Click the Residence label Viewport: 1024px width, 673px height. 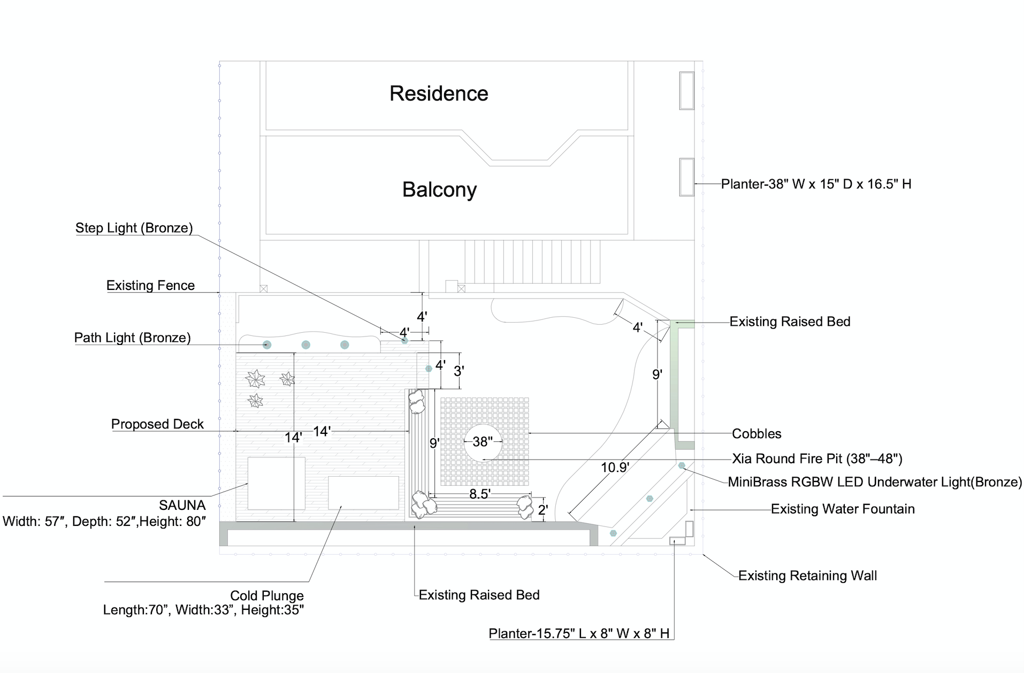coord(439,94)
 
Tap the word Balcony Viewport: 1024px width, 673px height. coord(439,190)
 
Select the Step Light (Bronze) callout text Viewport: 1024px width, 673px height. coord(134,228)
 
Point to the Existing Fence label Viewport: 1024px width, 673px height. coord(150,286)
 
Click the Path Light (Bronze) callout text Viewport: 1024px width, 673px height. coord(132,338)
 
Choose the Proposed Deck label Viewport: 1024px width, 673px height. coord(157,424)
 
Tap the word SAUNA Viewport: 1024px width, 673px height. coord(182,505)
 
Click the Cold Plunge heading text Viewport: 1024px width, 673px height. coord(266,595)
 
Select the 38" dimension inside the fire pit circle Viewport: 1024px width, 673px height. coord(483,442)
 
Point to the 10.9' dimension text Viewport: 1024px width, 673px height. coord(615,468)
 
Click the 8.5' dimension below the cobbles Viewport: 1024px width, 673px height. coord(480,494)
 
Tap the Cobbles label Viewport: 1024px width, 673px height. coord(756,434)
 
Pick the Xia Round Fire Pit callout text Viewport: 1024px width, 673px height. coord(817,459)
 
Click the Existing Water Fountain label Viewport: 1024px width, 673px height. coord(843,509)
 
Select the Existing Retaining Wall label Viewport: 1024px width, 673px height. coord(807,576)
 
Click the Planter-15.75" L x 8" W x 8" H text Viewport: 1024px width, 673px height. coord(579,633)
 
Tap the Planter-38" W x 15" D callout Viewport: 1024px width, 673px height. coord(816,184)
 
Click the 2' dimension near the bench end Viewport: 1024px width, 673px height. coord(543,510)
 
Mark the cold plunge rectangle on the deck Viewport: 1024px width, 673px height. coord(363,493)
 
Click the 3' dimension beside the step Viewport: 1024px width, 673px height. coord(459,371)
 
